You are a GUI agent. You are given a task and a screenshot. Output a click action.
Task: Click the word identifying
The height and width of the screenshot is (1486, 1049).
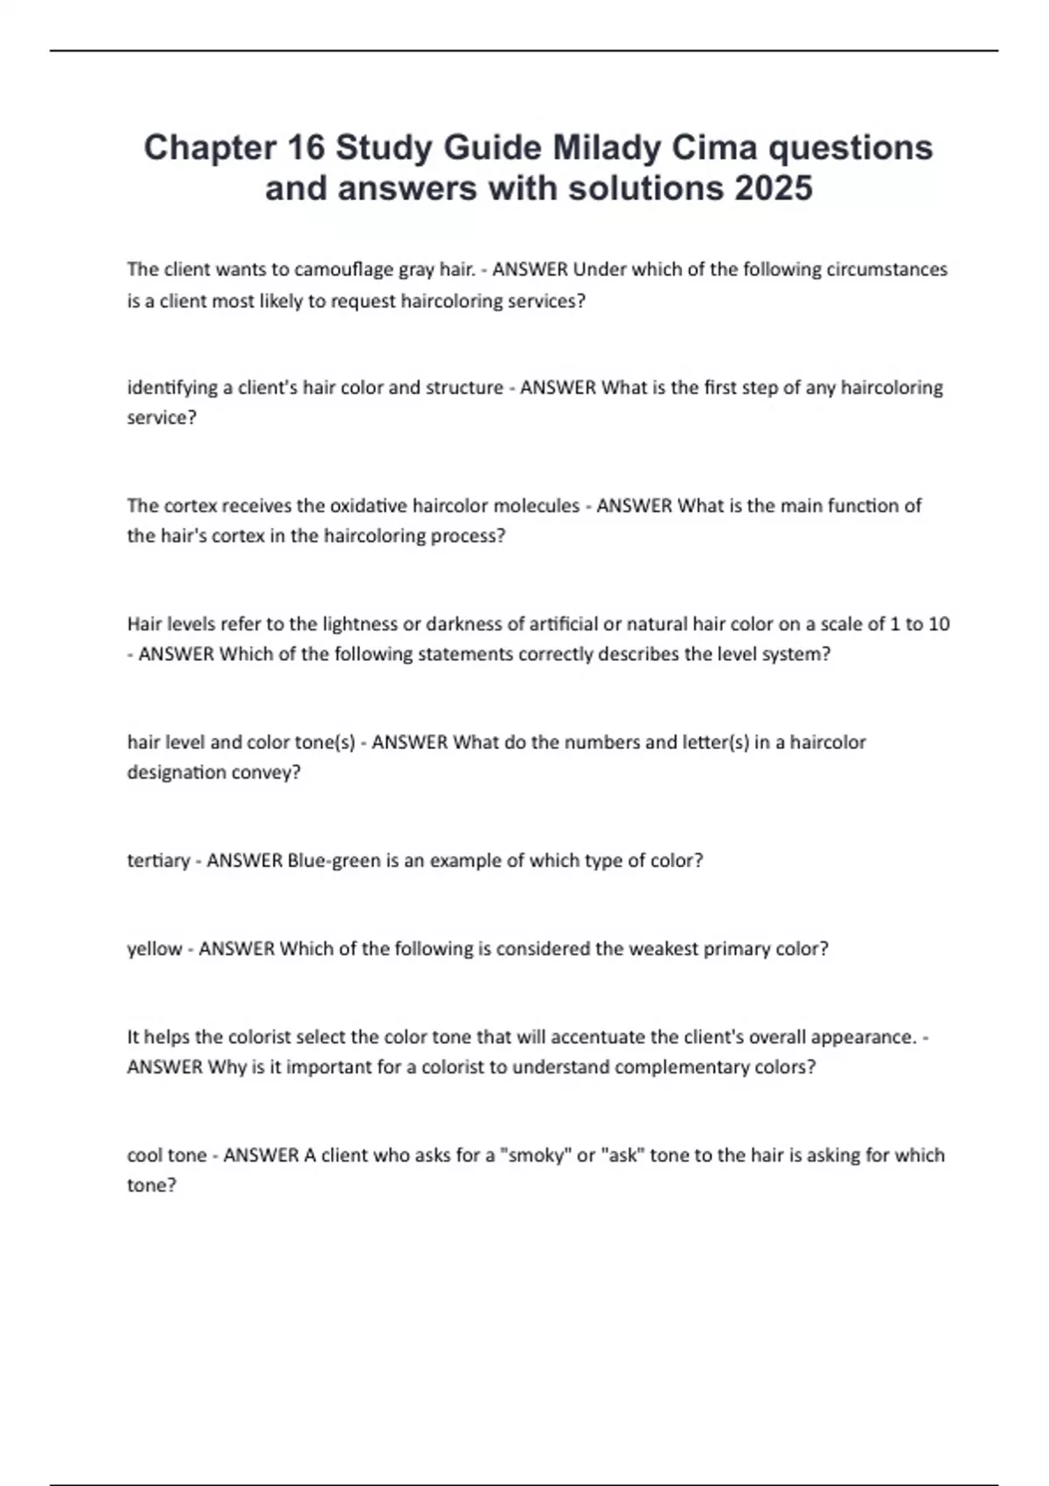point(173,387)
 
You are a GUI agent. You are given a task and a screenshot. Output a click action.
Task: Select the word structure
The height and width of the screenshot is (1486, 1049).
point(464,387)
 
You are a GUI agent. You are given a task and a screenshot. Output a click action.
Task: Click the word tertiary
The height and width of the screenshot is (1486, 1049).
point(158,860)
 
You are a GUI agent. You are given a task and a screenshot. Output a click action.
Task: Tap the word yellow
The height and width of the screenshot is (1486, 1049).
point(155,948)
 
